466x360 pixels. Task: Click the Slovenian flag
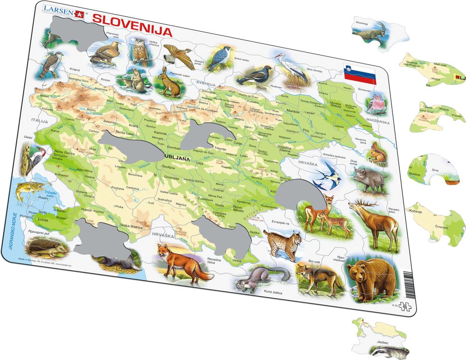(359, 73)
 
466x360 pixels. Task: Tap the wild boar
(368, 178)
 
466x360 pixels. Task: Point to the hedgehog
(45, 246)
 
